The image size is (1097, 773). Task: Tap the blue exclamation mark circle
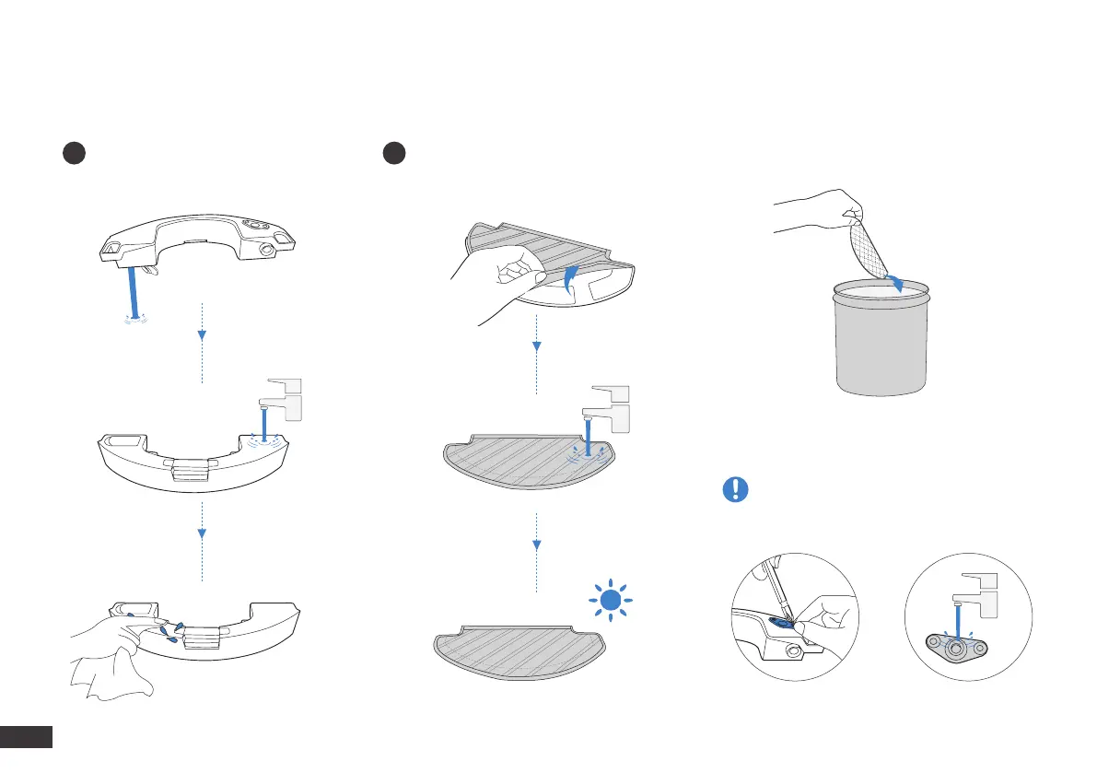[x=734, y=489]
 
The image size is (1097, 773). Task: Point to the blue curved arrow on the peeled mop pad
[x=572, y=276]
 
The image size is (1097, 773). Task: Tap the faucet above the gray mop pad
[x=609, y=406]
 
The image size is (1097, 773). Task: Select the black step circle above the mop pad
[x=395, y=154]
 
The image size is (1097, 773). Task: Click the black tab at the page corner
[x=27, y=736]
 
